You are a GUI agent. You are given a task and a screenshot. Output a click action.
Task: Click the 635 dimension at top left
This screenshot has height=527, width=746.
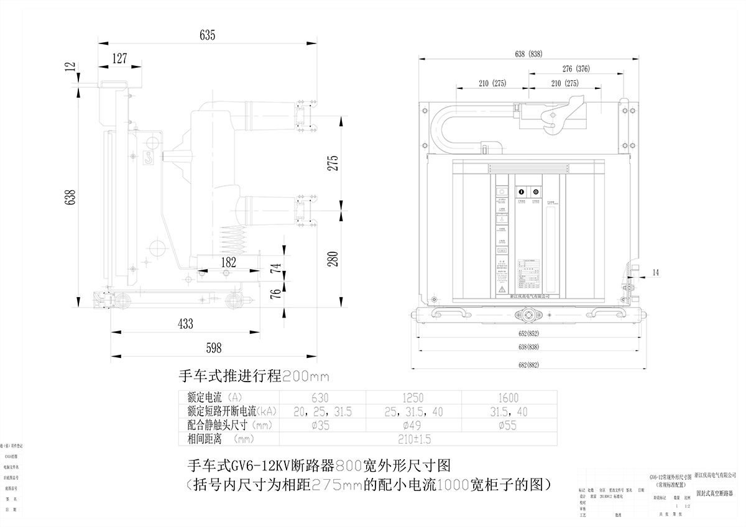tap(207, 35)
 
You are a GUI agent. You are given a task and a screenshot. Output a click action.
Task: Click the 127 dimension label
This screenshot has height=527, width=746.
tap(119, 59)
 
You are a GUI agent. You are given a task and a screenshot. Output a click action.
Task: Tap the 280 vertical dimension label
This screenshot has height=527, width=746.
tap(333, 259)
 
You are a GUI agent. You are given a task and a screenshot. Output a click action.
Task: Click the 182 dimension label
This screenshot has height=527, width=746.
tap(228, 263)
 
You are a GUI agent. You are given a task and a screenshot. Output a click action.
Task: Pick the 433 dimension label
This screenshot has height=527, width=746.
tap(185, 324)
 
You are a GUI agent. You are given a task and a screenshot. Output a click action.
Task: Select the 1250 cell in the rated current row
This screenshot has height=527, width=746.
tap(413, 398)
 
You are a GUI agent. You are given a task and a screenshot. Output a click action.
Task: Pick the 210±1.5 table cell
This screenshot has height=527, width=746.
tap(413, 439)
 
